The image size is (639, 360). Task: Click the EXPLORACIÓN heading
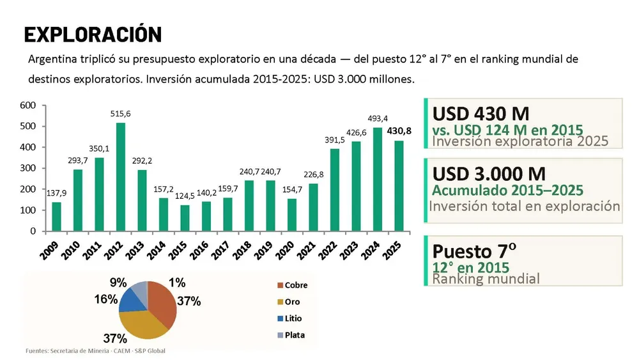tap(93, 35)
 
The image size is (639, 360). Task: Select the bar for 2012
tap(121, 177)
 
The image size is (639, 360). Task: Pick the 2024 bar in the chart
tap(378, 180)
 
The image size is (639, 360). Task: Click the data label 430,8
tap(399, 131)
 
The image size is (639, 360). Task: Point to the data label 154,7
tap(292, 189)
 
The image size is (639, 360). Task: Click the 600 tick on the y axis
tap(27, 106)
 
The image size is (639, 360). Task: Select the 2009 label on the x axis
tap(49, 250)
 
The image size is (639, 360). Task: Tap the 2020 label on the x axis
tap(285, 250)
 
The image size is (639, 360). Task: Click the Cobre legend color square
tap(280, 285)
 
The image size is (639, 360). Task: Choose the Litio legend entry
tap(289, 318)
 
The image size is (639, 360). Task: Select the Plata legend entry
tap(291, 335)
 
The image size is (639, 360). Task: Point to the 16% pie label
tap(106, 299)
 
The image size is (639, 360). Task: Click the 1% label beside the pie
tap(177, 283)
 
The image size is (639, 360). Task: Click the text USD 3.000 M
tap(489, 174)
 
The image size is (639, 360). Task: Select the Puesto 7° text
tap(474, 251)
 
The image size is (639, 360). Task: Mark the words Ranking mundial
tap(486, 279)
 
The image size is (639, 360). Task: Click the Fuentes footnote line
tap(95, 350)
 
